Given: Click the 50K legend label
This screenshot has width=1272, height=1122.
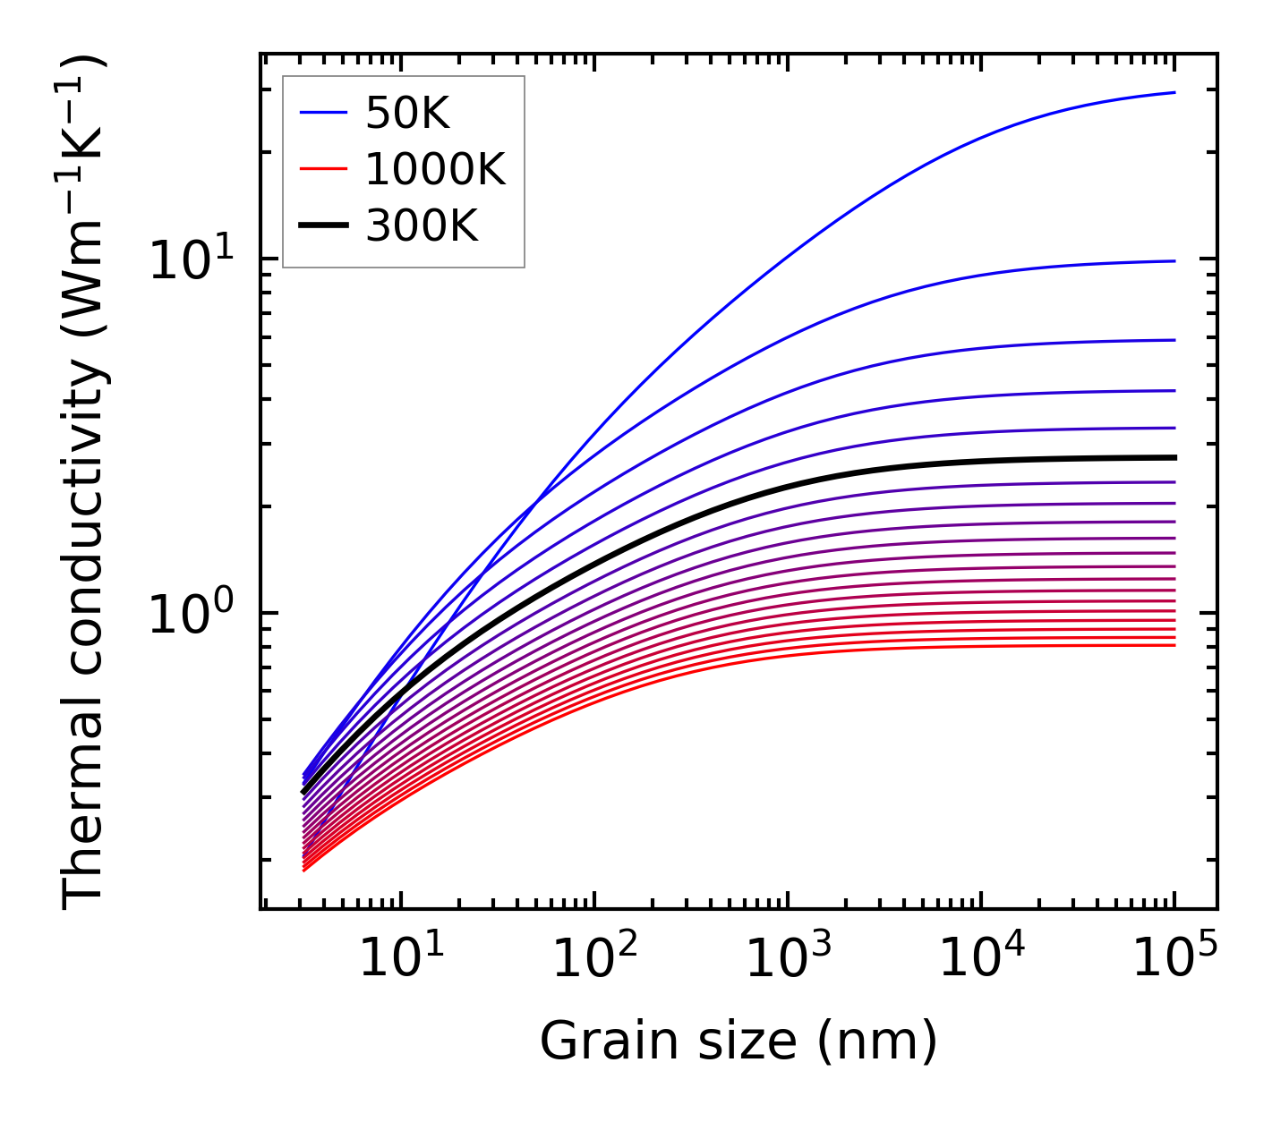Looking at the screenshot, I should pos(407,114).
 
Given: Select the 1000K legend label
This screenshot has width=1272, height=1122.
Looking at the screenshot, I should pos(435,169).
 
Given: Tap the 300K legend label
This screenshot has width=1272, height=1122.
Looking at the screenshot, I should pos(422,226).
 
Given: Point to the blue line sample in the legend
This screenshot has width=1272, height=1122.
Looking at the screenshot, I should pos(322,113).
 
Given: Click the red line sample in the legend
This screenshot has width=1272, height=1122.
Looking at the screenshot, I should pos(322,169).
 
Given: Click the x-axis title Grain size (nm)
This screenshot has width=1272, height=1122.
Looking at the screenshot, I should pos(738,1041).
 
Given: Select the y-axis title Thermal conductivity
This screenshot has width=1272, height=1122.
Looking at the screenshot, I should pos(85,481).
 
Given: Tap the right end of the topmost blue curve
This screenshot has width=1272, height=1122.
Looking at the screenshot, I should pos(1174,92).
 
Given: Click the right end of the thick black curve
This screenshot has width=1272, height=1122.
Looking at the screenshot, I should pos(1174,457).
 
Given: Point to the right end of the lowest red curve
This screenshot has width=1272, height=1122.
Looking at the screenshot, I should pos(1174,645).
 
